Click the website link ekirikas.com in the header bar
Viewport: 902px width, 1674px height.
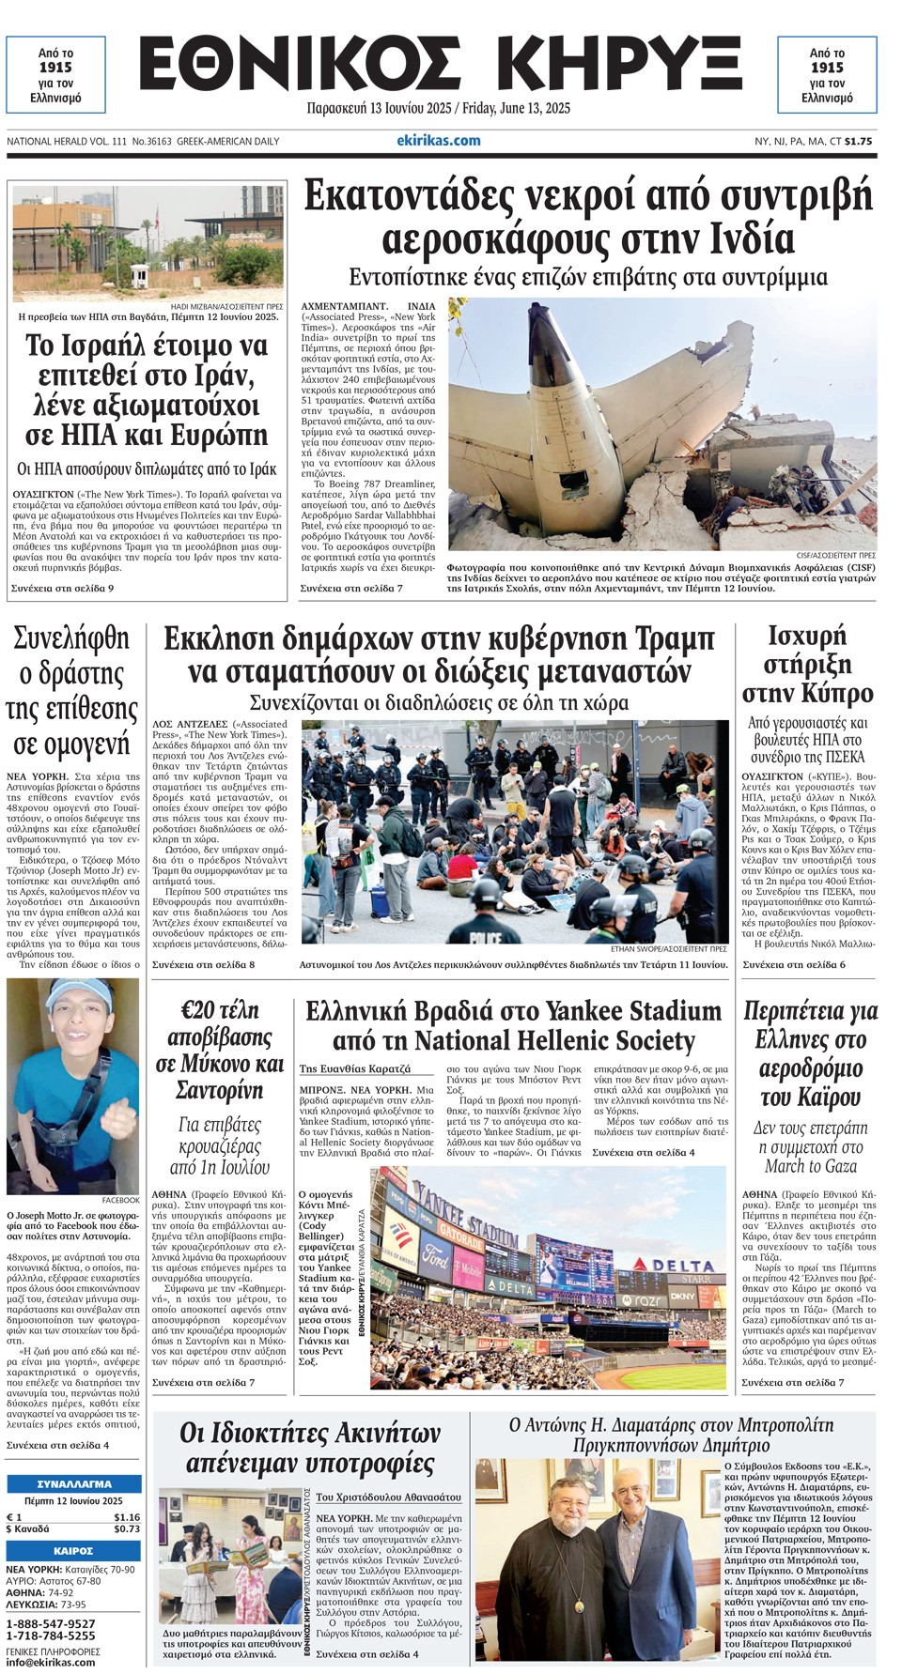point(439,141)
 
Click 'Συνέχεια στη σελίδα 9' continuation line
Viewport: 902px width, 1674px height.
point(62,588)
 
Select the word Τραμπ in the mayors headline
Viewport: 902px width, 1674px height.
point(665,638)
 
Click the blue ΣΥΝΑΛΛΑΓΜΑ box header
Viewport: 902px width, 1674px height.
point(74,1484)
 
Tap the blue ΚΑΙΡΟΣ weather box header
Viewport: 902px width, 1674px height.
point(74,1550)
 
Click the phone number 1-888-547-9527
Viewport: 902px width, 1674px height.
point(51,1623)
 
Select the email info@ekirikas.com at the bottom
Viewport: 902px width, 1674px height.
point(51,1662)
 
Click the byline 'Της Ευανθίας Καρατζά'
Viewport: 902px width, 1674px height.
point(355,1068)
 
